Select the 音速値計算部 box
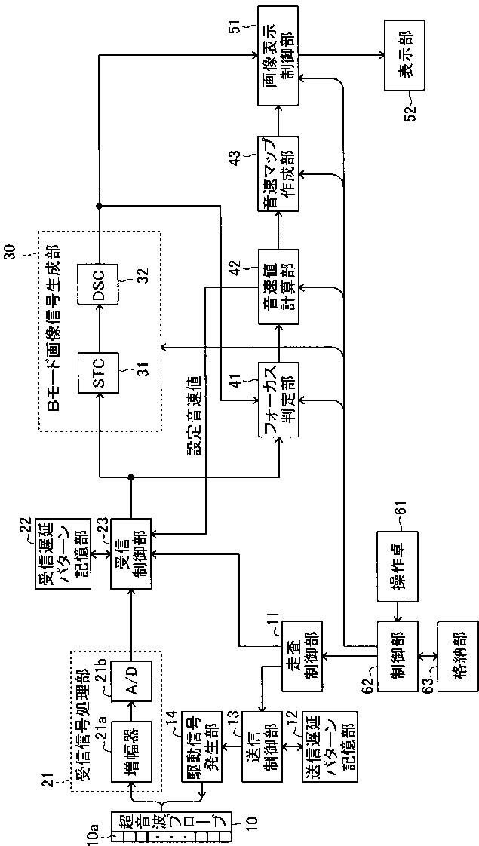(278, 286)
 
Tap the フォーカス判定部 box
(278, 399)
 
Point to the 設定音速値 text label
(194, 412)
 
